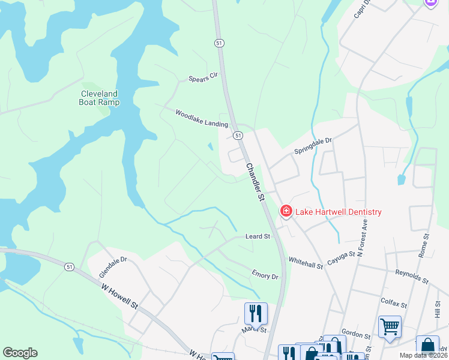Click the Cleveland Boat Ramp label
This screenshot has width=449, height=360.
pos(100,98)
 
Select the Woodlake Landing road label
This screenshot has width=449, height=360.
pos(202,118)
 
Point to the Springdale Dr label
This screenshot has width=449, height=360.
pos(313,146)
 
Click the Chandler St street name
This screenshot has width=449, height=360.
pos(255,181)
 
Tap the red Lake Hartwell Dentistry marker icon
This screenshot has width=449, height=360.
pos(286,211)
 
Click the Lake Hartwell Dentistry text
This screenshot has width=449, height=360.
pos(339,212)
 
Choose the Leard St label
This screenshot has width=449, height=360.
pos(258,236)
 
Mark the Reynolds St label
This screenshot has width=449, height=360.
pos(411,277)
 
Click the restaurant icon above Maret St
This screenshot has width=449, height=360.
pos(256,313)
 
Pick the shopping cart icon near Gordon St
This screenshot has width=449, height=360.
pos(390,326)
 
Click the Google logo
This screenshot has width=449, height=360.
pos(20,353)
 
